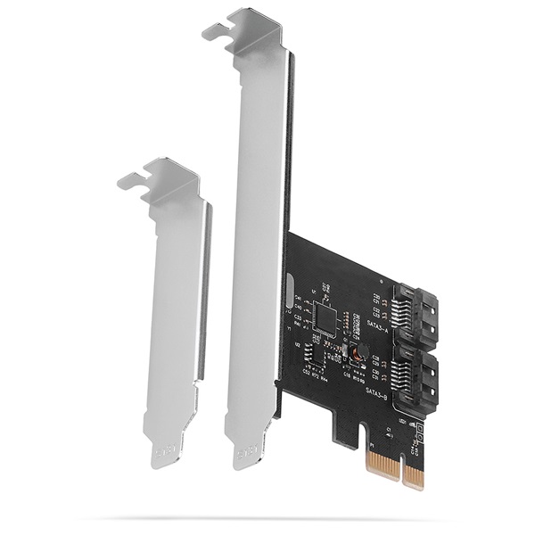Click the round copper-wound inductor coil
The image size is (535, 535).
[x=356, y=354]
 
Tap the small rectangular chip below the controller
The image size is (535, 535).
[x=315, y=352]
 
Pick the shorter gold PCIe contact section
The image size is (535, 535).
[x=413, y=476]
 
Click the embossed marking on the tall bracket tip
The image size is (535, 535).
[x=243, y=457]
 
